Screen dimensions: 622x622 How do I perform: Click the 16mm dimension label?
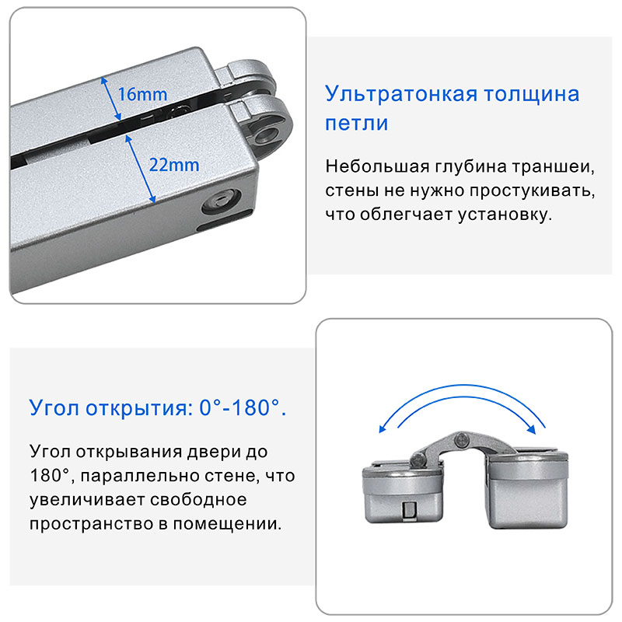coord(143,94)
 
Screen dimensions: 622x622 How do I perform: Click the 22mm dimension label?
coord(174,165)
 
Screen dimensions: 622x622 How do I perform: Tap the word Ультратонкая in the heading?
coord(401,94)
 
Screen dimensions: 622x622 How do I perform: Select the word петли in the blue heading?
coord(356,124)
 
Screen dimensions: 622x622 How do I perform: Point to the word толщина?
coord(532,95)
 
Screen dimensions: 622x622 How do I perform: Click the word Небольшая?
coord(377,166)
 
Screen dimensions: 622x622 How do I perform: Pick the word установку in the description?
coord(505,215)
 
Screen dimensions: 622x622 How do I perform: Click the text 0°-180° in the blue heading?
coord(243,407)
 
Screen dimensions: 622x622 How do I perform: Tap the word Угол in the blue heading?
coord(54,408)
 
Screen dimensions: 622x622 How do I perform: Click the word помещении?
coord(227,524)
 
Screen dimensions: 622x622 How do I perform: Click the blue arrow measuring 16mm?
coord(110,98)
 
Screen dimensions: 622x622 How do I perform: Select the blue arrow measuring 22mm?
coord(141,169)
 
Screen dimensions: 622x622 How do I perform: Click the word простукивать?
coord(532,190)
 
